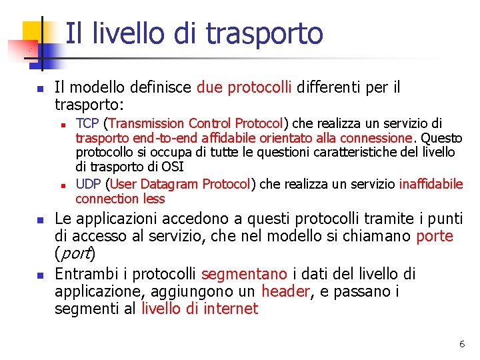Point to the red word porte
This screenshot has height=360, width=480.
[x=434, y=237]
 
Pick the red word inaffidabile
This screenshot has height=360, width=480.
[x=431, y=184]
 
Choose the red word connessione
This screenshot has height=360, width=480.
[x=376, y=138]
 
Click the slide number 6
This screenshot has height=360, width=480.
[x=461, y=344]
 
